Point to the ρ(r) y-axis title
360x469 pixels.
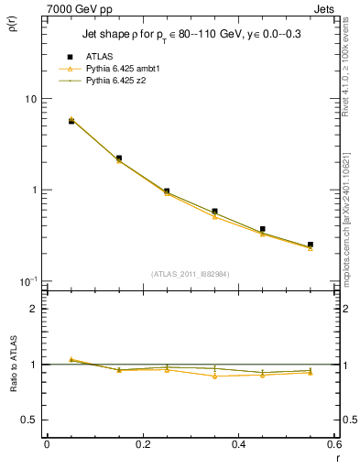click(12, 25)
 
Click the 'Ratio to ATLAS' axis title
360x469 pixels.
click(12, 365)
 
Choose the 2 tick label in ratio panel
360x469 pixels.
click(35, 309)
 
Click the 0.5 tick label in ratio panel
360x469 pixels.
click(31, 420)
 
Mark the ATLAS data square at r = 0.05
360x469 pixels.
click(71, 121)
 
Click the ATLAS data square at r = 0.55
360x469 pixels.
click(311, 245)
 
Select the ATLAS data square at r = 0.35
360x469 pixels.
click(214, 212)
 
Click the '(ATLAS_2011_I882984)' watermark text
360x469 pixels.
click(190, 273)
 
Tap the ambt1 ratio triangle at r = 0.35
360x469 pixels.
click(214, 376)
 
